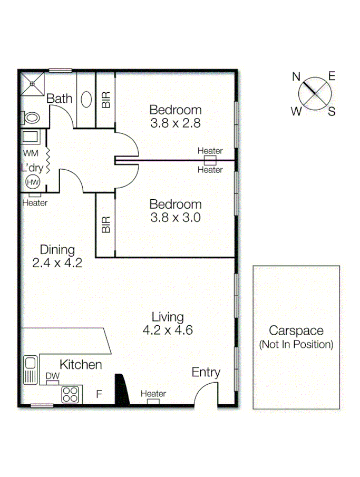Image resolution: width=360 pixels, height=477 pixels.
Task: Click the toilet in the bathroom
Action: (31, 118)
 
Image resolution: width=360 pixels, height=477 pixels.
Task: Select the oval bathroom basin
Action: (85, 100)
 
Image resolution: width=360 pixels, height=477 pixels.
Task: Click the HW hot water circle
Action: (33, 182)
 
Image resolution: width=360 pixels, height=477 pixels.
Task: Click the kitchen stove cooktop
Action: (70, 394)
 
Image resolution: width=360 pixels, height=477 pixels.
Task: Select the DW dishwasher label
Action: (52, 376)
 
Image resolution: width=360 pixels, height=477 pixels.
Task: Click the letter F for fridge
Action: (98, 394)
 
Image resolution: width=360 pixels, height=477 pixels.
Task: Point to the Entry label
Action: (206, 372)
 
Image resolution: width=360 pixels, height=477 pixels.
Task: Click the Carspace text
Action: (296, 330)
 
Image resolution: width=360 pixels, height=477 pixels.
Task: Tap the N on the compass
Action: (296, 77)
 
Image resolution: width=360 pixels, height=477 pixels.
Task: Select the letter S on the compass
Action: (332, 111)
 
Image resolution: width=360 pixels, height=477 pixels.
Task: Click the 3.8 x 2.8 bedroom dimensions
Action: (176, 123)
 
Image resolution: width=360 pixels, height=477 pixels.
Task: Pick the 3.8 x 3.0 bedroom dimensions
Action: (176, 218)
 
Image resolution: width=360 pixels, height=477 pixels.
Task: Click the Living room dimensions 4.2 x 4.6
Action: (168, 330)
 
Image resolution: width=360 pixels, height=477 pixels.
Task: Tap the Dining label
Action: (57, 249)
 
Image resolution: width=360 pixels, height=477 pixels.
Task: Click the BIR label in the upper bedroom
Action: (106, 100)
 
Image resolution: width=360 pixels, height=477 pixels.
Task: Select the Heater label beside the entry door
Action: (153, 394)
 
